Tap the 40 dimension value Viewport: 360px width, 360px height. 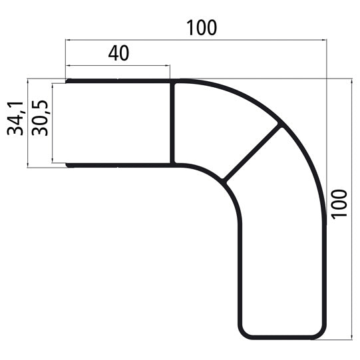pyautogui.click(x=118, y=54)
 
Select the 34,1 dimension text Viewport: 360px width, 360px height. pyautogui.click(x=15, y=118)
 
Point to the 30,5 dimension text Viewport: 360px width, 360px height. pyautogui.click(x=41, y=118)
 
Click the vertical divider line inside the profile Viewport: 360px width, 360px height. pyautogui.click(x=172, y=123)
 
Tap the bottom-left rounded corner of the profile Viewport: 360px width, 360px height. pyautogui.click(x=245, y=331)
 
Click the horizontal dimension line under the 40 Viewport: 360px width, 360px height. pyautogui.click(x=118, y=66)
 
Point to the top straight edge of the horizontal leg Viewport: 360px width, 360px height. pyautogui.click(x=120, y=81)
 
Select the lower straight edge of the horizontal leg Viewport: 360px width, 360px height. pyautogui.click(x=120, y=164)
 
